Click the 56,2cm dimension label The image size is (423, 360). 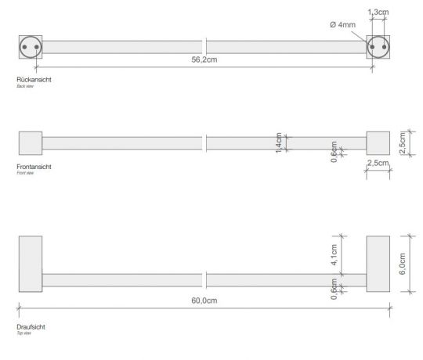click(x=204, y=59)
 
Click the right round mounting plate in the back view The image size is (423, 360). click(x=379, y=47)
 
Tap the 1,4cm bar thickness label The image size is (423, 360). click(x=279, y=143)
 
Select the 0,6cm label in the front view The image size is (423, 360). click(x=334, y=149)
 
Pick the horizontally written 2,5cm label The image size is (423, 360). click(x=378, y=162)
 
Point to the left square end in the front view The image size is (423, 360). click(x=30, y=143)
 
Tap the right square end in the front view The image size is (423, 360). click(x=378, y=143)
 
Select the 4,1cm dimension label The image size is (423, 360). click(x=334, y=254)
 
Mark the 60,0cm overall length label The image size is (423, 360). click(x=204, y=300)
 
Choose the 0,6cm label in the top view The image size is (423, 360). click(x=334, y=290)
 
